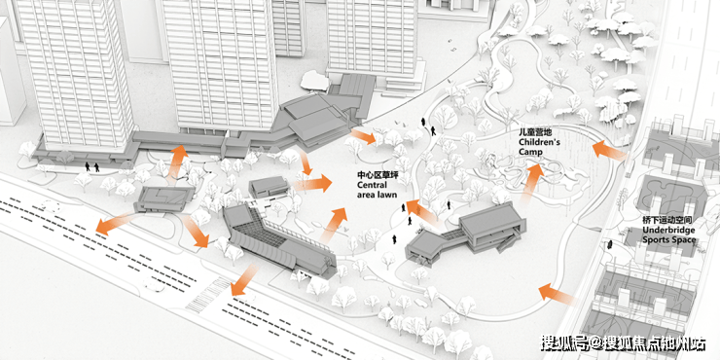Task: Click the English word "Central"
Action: tap(373, 185)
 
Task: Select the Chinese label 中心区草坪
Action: tap(377, 175)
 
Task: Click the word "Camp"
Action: tap(528, 152)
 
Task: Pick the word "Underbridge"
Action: tap(668, 230)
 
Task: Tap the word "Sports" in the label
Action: tap(655, 239)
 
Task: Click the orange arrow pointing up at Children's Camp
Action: tap(532, 183)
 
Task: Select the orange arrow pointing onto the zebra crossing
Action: tap(243, 279)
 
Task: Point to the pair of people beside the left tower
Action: tap(91, 166)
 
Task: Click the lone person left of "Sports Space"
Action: tap(610, 244)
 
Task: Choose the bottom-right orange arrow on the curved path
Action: tap(557, 295)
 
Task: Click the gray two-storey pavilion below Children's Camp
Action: tap(468, 234)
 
